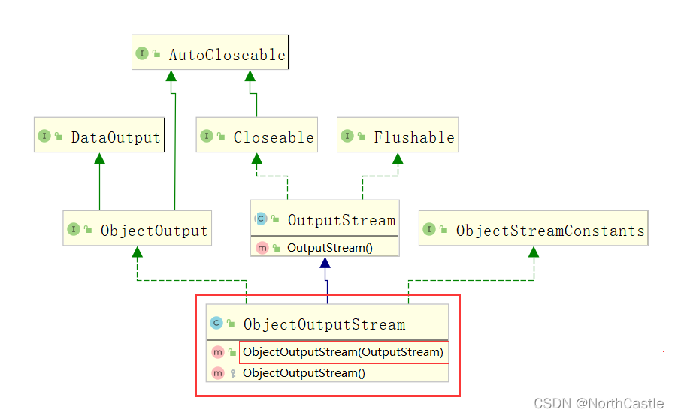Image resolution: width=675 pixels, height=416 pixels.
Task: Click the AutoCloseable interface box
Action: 210,54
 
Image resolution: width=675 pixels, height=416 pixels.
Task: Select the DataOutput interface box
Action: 99,137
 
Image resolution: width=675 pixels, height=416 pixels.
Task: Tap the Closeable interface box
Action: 256,137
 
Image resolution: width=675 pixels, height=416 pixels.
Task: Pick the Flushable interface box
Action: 397,137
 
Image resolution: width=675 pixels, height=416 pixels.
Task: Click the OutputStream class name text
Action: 341,220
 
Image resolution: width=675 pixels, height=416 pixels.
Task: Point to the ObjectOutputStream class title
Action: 324,324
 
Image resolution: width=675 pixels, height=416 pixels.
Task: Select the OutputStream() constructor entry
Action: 329,247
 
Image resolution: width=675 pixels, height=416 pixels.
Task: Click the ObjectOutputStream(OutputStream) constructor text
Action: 344,352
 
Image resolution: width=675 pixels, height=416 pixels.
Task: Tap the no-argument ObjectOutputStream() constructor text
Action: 304,373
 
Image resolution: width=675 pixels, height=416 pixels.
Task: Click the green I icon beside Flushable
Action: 347,136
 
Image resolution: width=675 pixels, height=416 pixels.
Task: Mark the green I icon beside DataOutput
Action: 44,136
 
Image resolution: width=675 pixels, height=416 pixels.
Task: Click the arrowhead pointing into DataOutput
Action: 99,159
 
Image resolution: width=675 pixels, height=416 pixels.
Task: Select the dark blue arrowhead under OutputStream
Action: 325,263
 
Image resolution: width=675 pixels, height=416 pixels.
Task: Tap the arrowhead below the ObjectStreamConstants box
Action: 534,252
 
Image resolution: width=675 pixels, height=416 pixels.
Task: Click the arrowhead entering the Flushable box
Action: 397,159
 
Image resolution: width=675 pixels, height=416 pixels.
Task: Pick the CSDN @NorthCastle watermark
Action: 600,403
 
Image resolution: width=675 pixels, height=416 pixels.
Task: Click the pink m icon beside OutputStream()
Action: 262,247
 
